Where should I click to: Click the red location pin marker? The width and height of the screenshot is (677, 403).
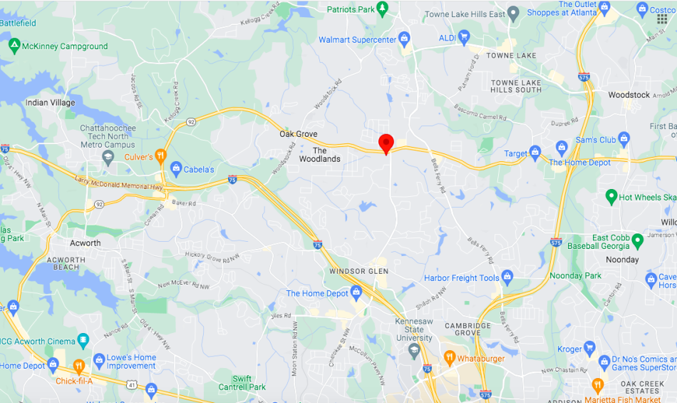coord(386,143)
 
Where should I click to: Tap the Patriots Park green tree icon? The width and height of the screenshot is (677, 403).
coord(383,9)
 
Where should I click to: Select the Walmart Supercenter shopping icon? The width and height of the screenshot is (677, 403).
coord(404,39)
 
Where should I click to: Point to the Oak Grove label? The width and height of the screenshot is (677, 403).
coord(299,134)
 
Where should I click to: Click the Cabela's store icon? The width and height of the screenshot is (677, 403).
coord(175,170)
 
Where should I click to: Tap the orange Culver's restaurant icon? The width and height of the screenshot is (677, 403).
coord(162,155)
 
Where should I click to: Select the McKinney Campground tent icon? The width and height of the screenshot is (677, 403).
coord(14,46)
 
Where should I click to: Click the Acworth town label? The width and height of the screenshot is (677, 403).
coord(85,243)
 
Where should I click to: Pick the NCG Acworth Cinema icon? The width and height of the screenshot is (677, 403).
coord(83,341)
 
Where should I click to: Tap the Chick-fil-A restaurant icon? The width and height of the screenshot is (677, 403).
coord(78,367)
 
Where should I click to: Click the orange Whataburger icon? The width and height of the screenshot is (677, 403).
coord(449,357)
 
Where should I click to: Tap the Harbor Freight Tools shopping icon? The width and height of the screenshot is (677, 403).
coord(507,277)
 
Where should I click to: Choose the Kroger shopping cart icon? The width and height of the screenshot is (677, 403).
coord(589,348)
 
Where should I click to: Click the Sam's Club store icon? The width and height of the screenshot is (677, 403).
coord(624,139)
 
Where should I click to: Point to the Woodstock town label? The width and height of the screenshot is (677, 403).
coord(629,95)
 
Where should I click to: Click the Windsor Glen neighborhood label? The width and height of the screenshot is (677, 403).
coord(357,271)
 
